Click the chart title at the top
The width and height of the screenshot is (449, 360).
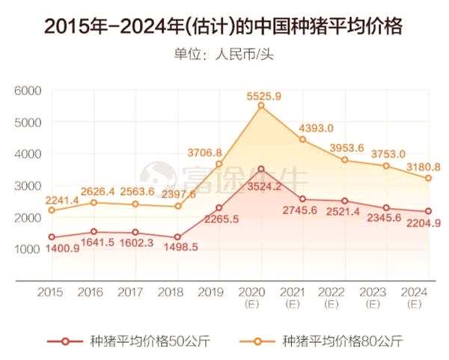tap(224, 26)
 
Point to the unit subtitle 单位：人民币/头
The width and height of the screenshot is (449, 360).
tap(224, 54)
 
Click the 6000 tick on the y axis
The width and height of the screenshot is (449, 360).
tap(27, 90)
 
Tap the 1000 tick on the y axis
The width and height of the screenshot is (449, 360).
tap(27, 248)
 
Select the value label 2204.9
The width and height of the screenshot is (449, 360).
tap(410, 222)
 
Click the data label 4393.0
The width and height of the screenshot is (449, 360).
tap(317, 128)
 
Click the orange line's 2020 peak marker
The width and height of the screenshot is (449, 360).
tap(261, 106)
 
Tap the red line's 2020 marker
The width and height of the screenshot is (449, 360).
tap(261, 169)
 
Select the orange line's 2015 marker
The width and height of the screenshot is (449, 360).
tap(52, 210)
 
